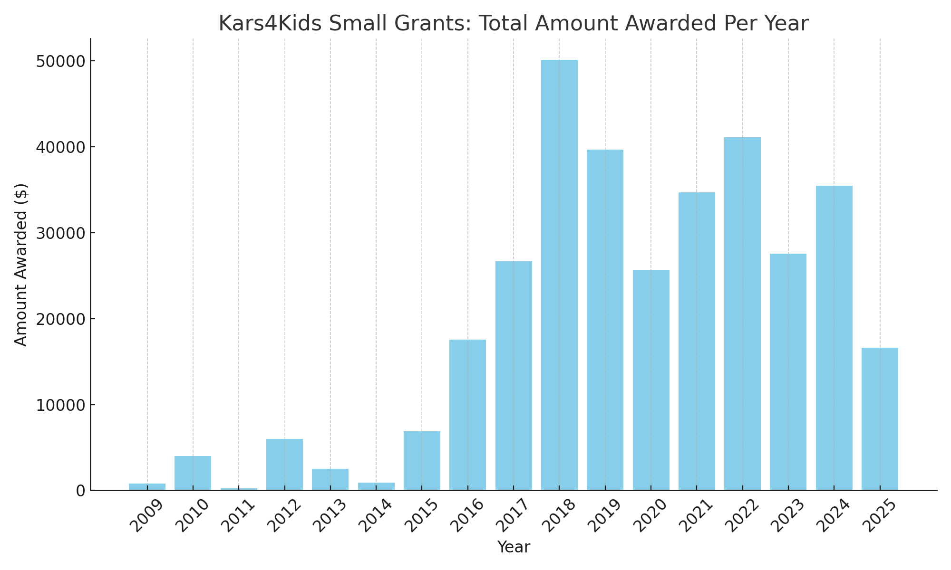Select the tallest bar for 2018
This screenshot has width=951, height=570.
559,275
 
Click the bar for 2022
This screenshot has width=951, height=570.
742,313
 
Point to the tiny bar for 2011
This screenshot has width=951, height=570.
239,489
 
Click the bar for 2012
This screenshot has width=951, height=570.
284,465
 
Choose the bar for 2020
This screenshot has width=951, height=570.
651,380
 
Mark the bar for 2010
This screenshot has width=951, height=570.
193,473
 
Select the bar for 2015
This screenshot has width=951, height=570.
422,461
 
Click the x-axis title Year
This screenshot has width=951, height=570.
514,547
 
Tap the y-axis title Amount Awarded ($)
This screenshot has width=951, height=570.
21,265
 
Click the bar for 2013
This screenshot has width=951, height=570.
330,479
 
